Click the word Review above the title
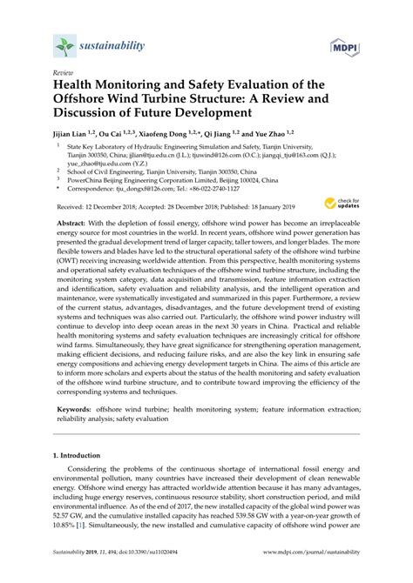[x=62, y=75]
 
